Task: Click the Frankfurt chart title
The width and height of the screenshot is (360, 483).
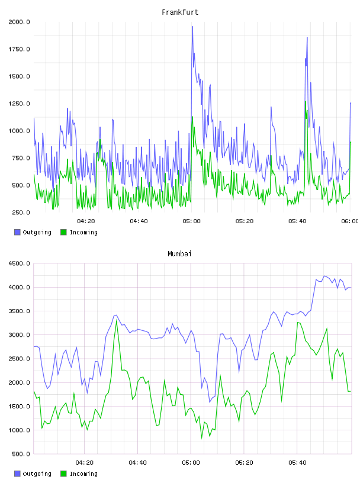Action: [x=180, y=12]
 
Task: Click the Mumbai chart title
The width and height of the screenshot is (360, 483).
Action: [x=179, y=254]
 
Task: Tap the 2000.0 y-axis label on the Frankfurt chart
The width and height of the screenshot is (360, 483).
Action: [x=19, y=22]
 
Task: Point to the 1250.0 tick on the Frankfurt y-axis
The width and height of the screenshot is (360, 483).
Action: [x=19, y=104]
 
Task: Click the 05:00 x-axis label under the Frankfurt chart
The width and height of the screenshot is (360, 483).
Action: [x=191, y=221]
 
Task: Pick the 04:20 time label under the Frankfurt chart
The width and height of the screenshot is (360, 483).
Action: [x=86, y=221]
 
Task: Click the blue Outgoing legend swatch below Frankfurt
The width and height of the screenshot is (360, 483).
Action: [x=17, y=232]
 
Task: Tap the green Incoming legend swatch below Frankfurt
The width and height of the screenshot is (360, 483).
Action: [x=63, y=232]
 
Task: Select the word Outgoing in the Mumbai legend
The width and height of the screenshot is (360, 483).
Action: [x=37, y=474]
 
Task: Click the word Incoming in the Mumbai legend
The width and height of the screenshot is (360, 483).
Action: [x=83, y=474]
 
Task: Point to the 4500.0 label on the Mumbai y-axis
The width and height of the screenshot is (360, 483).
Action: [x=19, y=263]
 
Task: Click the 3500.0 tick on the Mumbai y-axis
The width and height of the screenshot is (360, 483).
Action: [x=19, y=311]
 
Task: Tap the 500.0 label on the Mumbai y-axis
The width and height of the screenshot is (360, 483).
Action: [x=21, y=454]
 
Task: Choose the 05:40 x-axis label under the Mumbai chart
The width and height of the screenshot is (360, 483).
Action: [x=297, y=463]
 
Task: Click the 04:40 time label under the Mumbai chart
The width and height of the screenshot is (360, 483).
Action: [x=138, y=463]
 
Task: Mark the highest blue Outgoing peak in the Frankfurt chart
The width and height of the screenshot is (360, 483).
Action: [x=192, y=27]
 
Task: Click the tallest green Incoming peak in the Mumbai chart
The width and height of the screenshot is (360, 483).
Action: [x=117, y=320]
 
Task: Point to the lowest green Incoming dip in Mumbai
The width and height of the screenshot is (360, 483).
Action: [x=202, y=438]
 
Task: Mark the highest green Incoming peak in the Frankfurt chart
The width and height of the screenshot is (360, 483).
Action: [x=306, y=101]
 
